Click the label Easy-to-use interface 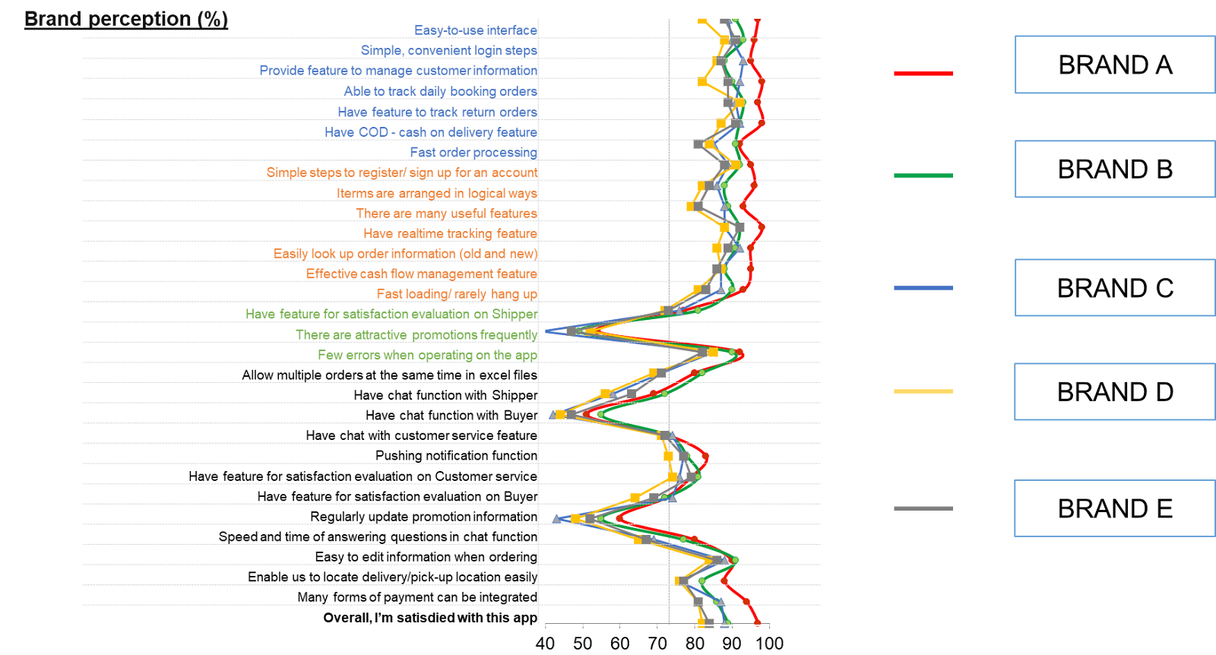pos(475,30)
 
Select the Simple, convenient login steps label pos(448,51)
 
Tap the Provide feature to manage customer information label pos(398,71)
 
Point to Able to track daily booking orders pos(440,91)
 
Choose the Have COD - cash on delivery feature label pos(430,132)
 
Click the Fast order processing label pos(473,153)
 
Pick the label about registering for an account pos(401,172)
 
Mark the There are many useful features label pos(446,214)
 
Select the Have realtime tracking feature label pos(450,234)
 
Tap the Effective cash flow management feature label pos(421,274)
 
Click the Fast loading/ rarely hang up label pos(457,294)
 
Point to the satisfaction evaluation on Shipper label pos(391,315)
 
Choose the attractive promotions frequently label pos(416,335)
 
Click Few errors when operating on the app pos(427,355)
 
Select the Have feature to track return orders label pos(437,112)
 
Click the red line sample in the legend pos(923,74)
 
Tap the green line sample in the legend pos(923,176)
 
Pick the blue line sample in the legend pos(923,288)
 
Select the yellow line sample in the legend pos(923,391)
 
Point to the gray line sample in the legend pos(923,508)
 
